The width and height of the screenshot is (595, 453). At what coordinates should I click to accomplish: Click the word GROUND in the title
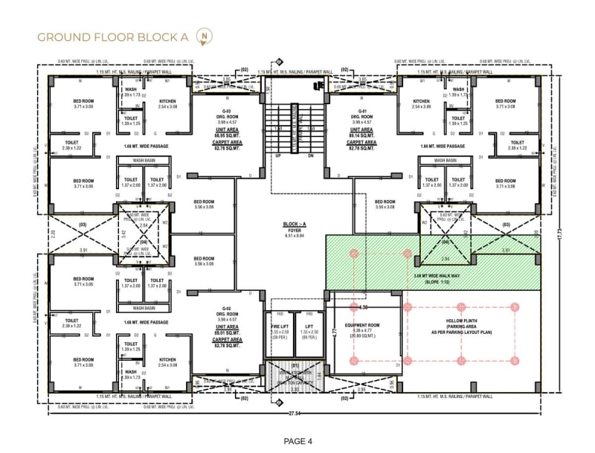[62, 36]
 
